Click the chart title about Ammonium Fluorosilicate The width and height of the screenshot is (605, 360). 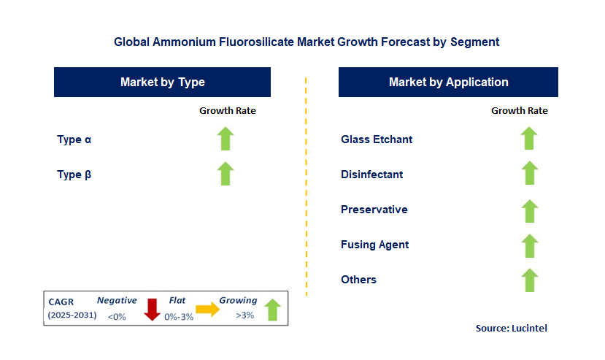point(307,42)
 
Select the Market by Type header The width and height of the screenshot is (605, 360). point(162,83)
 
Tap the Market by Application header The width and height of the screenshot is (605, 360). point(448,83)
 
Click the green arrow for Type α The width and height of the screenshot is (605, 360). point(226,139)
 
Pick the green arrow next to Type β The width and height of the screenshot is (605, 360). point(226,174)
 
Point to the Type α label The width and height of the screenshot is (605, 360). point(74,139)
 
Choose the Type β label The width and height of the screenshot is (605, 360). point(74,175)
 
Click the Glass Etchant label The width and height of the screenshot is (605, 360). point(377,139)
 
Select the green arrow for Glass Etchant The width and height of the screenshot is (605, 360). point(529,139)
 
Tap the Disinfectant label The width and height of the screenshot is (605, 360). point(371,175)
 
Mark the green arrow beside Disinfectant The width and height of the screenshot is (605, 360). point(529,174)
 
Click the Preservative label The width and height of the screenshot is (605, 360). point(374,210)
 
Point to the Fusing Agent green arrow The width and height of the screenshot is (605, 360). point(529,245)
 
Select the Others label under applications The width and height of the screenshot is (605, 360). point(358,280)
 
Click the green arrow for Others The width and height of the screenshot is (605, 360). point(529,280)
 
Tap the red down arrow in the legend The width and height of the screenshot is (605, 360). point(152,309)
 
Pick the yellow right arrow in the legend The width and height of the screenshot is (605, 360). point(208,310)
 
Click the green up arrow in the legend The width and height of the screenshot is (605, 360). point(271,309)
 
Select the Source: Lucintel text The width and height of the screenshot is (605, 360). point(511,329)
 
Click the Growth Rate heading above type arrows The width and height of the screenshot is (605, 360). point(228,111)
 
